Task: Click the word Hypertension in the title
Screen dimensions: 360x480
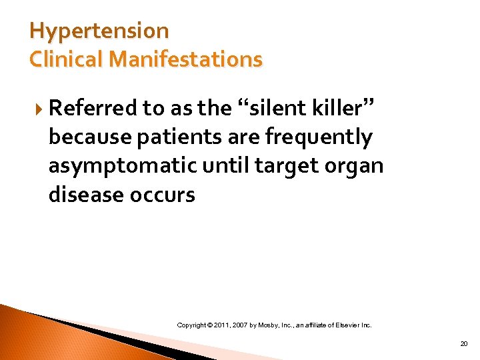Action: (99, 31)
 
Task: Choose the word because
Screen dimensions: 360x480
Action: (87, 137)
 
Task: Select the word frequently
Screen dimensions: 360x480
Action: (319, 137)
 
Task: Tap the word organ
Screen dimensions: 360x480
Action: (356, 166)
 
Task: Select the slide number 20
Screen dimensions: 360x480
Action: (463, 344)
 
